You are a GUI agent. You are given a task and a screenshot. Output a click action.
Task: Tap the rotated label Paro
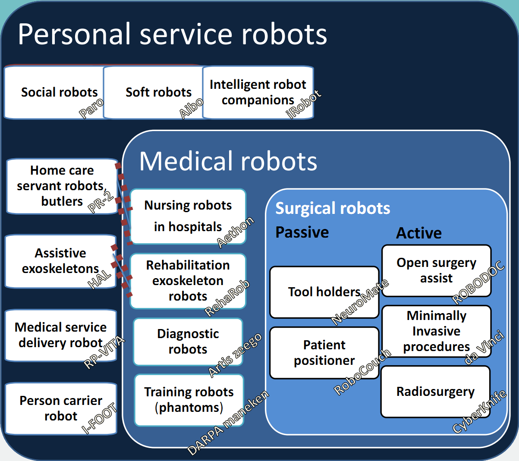coord(91,108)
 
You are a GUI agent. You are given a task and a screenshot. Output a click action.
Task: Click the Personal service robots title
coord(173,34)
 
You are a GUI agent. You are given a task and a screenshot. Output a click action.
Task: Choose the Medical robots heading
coord(228,161)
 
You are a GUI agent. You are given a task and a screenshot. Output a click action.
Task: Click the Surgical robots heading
coord(333,208)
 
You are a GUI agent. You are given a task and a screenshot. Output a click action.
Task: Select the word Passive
coord(302,232)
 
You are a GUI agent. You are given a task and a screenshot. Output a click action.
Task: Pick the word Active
coord(419,233)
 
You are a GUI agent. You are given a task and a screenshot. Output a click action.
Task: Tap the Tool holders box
coord(324,292)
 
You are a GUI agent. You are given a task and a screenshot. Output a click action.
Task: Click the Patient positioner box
coord(324,353)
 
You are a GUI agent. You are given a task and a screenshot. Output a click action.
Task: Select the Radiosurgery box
coord(435,392)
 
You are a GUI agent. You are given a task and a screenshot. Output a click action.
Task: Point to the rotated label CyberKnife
coord(479,412)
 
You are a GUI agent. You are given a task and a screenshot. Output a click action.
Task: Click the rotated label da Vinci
coord(484,348)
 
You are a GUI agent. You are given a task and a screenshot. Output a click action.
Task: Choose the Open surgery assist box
coord(436,270)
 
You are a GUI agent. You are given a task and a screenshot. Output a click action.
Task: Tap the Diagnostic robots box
coord(188,342)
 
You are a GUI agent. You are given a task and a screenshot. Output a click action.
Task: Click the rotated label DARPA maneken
coord(228,423)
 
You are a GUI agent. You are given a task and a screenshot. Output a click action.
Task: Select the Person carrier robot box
coord(61,408)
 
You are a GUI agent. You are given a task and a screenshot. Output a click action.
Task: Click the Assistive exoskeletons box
coord(60,261)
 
